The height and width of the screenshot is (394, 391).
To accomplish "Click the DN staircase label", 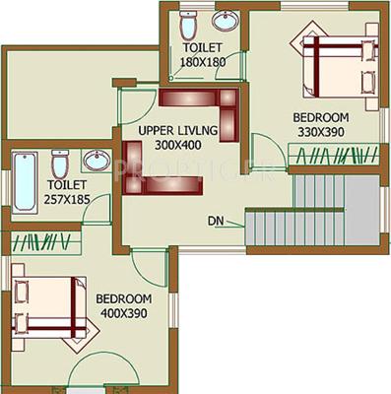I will click(216, 220).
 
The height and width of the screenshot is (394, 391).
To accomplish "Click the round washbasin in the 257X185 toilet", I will click(96, 161).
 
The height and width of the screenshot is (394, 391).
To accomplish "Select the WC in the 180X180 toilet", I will click(190, 23).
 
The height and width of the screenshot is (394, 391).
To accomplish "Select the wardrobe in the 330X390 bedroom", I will click(332, 155).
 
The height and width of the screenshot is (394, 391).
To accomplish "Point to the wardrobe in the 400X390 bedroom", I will click(36, 240).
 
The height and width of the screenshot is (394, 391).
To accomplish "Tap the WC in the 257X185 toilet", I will click(59, 163).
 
